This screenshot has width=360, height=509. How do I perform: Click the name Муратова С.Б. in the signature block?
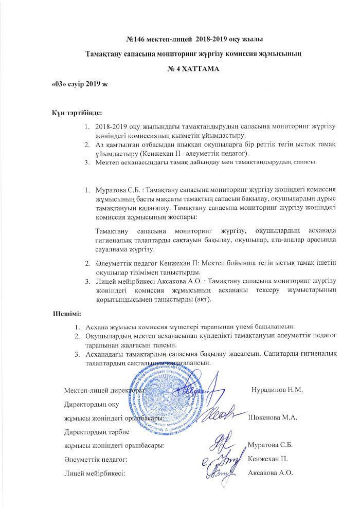tap(270, 445)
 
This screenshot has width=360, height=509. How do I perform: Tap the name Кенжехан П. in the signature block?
tap(267, 459)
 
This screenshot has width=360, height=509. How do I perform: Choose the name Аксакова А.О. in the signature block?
tap(271, 472)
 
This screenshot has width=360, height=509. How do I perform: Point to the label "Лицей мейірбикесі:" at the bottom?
tap(95, 472)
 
